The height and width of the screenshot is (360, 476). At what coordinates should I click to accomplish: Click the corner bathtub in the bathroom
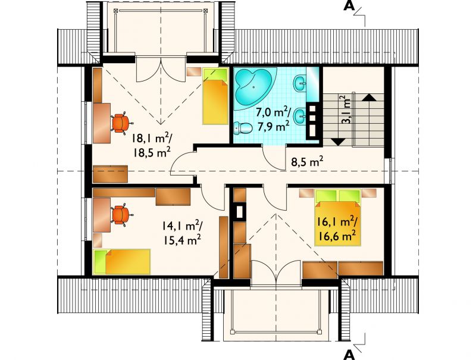pos(255,88)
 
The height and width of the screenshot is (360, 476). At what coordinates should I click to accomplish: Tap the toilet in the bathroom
pos(243,128)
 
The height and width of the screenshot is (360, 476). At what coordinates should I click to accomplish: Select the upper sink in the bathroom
pos(300,83)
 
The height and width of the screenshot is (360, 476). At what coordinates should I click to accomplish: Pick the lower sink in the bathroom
pos(300,117)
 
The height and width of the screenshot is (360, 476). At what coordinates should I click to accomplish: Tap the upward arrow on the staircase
pos(369,98)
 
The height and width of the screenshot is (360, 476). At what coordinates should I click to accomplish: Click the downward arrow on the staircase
pos(337,142)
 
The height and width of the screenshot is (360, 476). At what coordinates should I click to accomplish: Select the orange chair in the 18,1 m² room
pos(122,123)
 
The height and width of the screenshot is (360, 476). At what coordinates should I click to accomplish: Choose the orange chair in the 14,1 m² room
pos(122,215)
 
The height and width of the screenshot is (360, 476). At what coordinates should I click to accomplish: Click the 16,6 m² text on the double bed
pos(337,236)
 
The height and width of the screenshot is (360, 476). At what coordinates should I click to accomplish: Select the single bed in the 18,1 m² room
pos(215,96)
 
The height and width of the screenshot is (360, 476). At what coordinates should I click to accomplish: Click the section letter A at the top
pos(349,6)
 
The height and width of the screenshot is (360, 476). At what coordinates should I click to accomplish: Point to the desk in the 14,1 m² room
pos(102,215)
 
